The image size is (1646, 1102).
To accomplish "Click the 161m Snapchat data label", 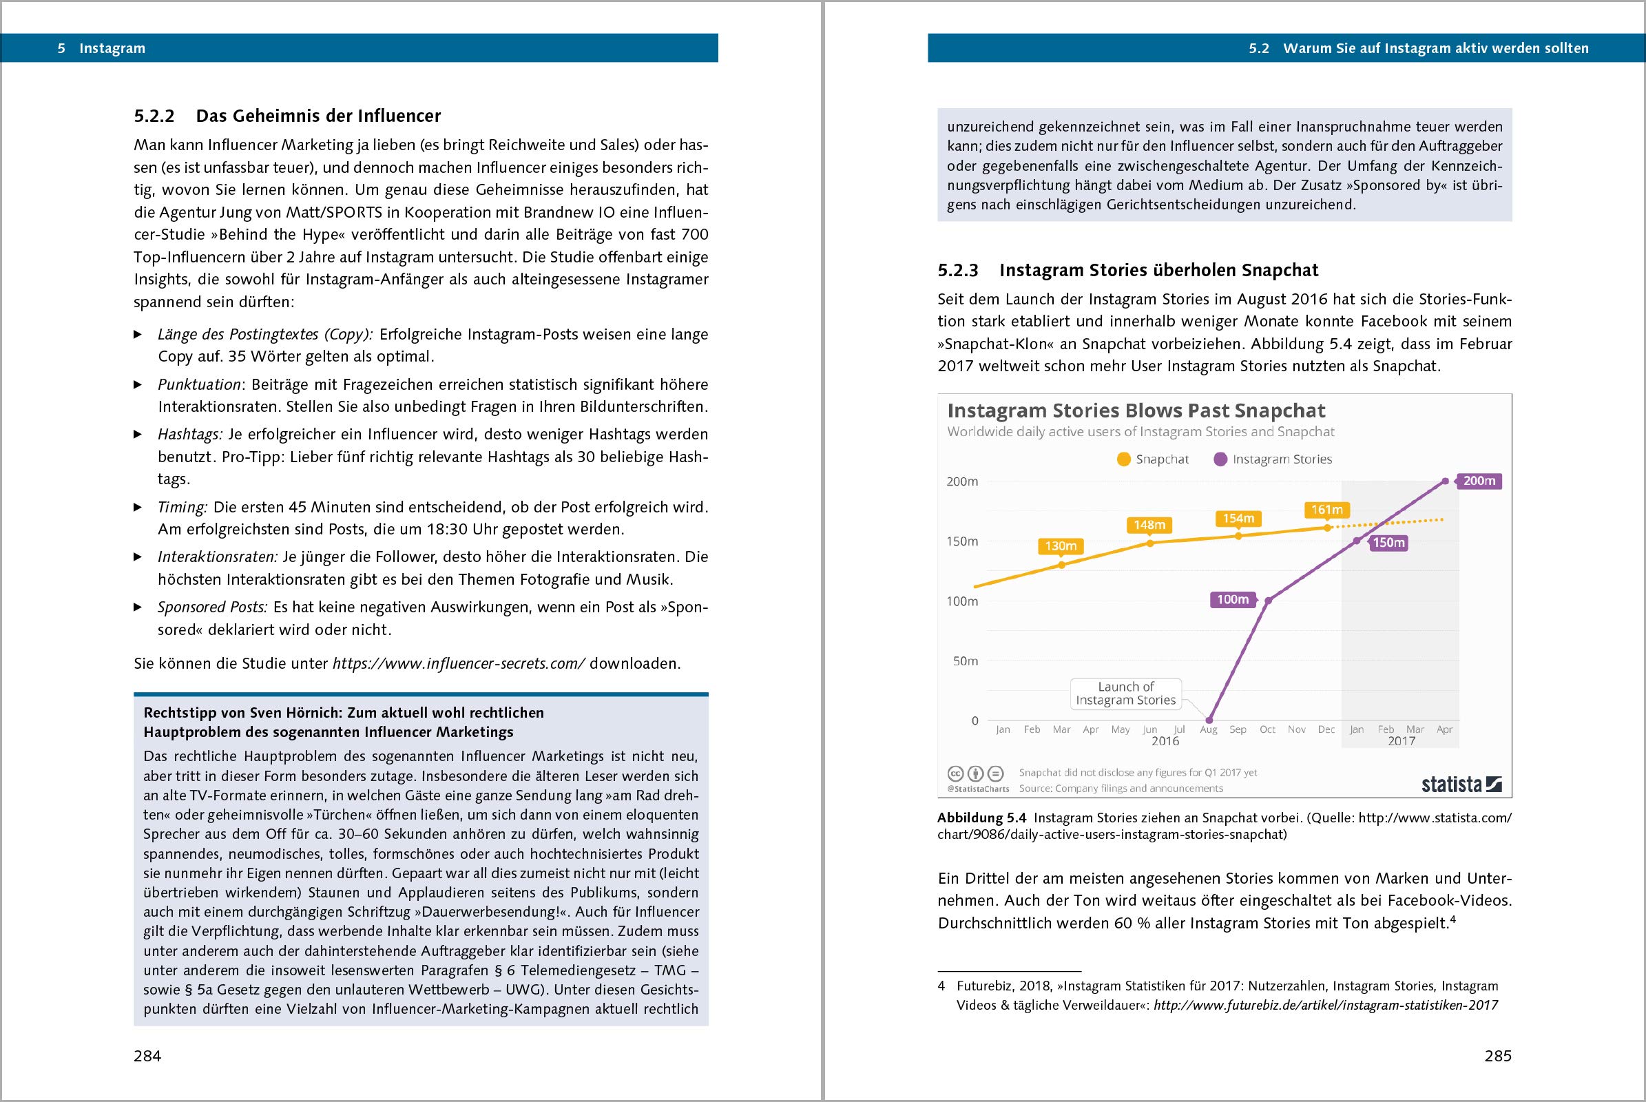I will pos(1326,510).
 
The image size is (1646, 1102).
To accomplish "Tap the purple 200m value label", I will pos(1479,481).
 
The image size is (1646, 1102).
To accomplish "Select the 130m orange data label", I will pos(1061,546).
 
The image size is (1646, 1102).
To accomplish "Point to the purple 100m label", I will pos(1233,599).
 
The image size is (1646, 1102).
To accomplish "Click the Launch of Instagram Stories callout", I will pos(1125,694).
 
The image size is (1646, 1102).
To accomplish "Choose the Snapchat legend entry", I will pos(1153,459).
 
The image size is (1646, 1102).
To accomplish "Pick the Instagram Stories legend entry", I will pos(1273,459).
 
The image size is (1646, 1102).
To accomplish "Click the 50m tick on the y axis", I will pos(965,661).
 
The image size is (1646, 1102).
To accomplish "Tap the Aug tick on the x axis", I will pos(1208,730).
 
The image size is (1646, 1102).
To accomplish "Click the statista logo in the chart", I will pos(1461,784).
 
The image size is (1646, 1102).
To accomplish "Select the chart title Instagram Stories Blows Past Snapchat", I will pos(1136,410).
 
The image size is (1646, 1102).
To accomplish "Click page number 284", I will pos(147,1056).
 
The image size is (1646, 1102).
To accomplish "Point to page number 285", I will pos(1498,1056).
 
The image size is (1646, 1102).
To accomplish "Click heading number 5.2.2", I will pos(154,116).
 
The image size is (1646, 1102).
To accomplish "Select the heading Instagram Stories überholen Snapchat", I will pos(1158,271).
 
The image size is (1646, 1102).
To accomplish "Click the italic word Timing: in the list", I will pos(182,508).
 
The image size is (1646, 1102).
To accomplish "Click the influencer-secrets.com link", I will pos(458,664).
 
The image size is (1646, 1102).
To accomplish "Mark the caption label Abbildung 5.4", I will pos(981,818).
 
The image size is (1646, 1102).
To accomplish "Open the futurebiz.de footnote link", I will pos(1326,1006).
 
